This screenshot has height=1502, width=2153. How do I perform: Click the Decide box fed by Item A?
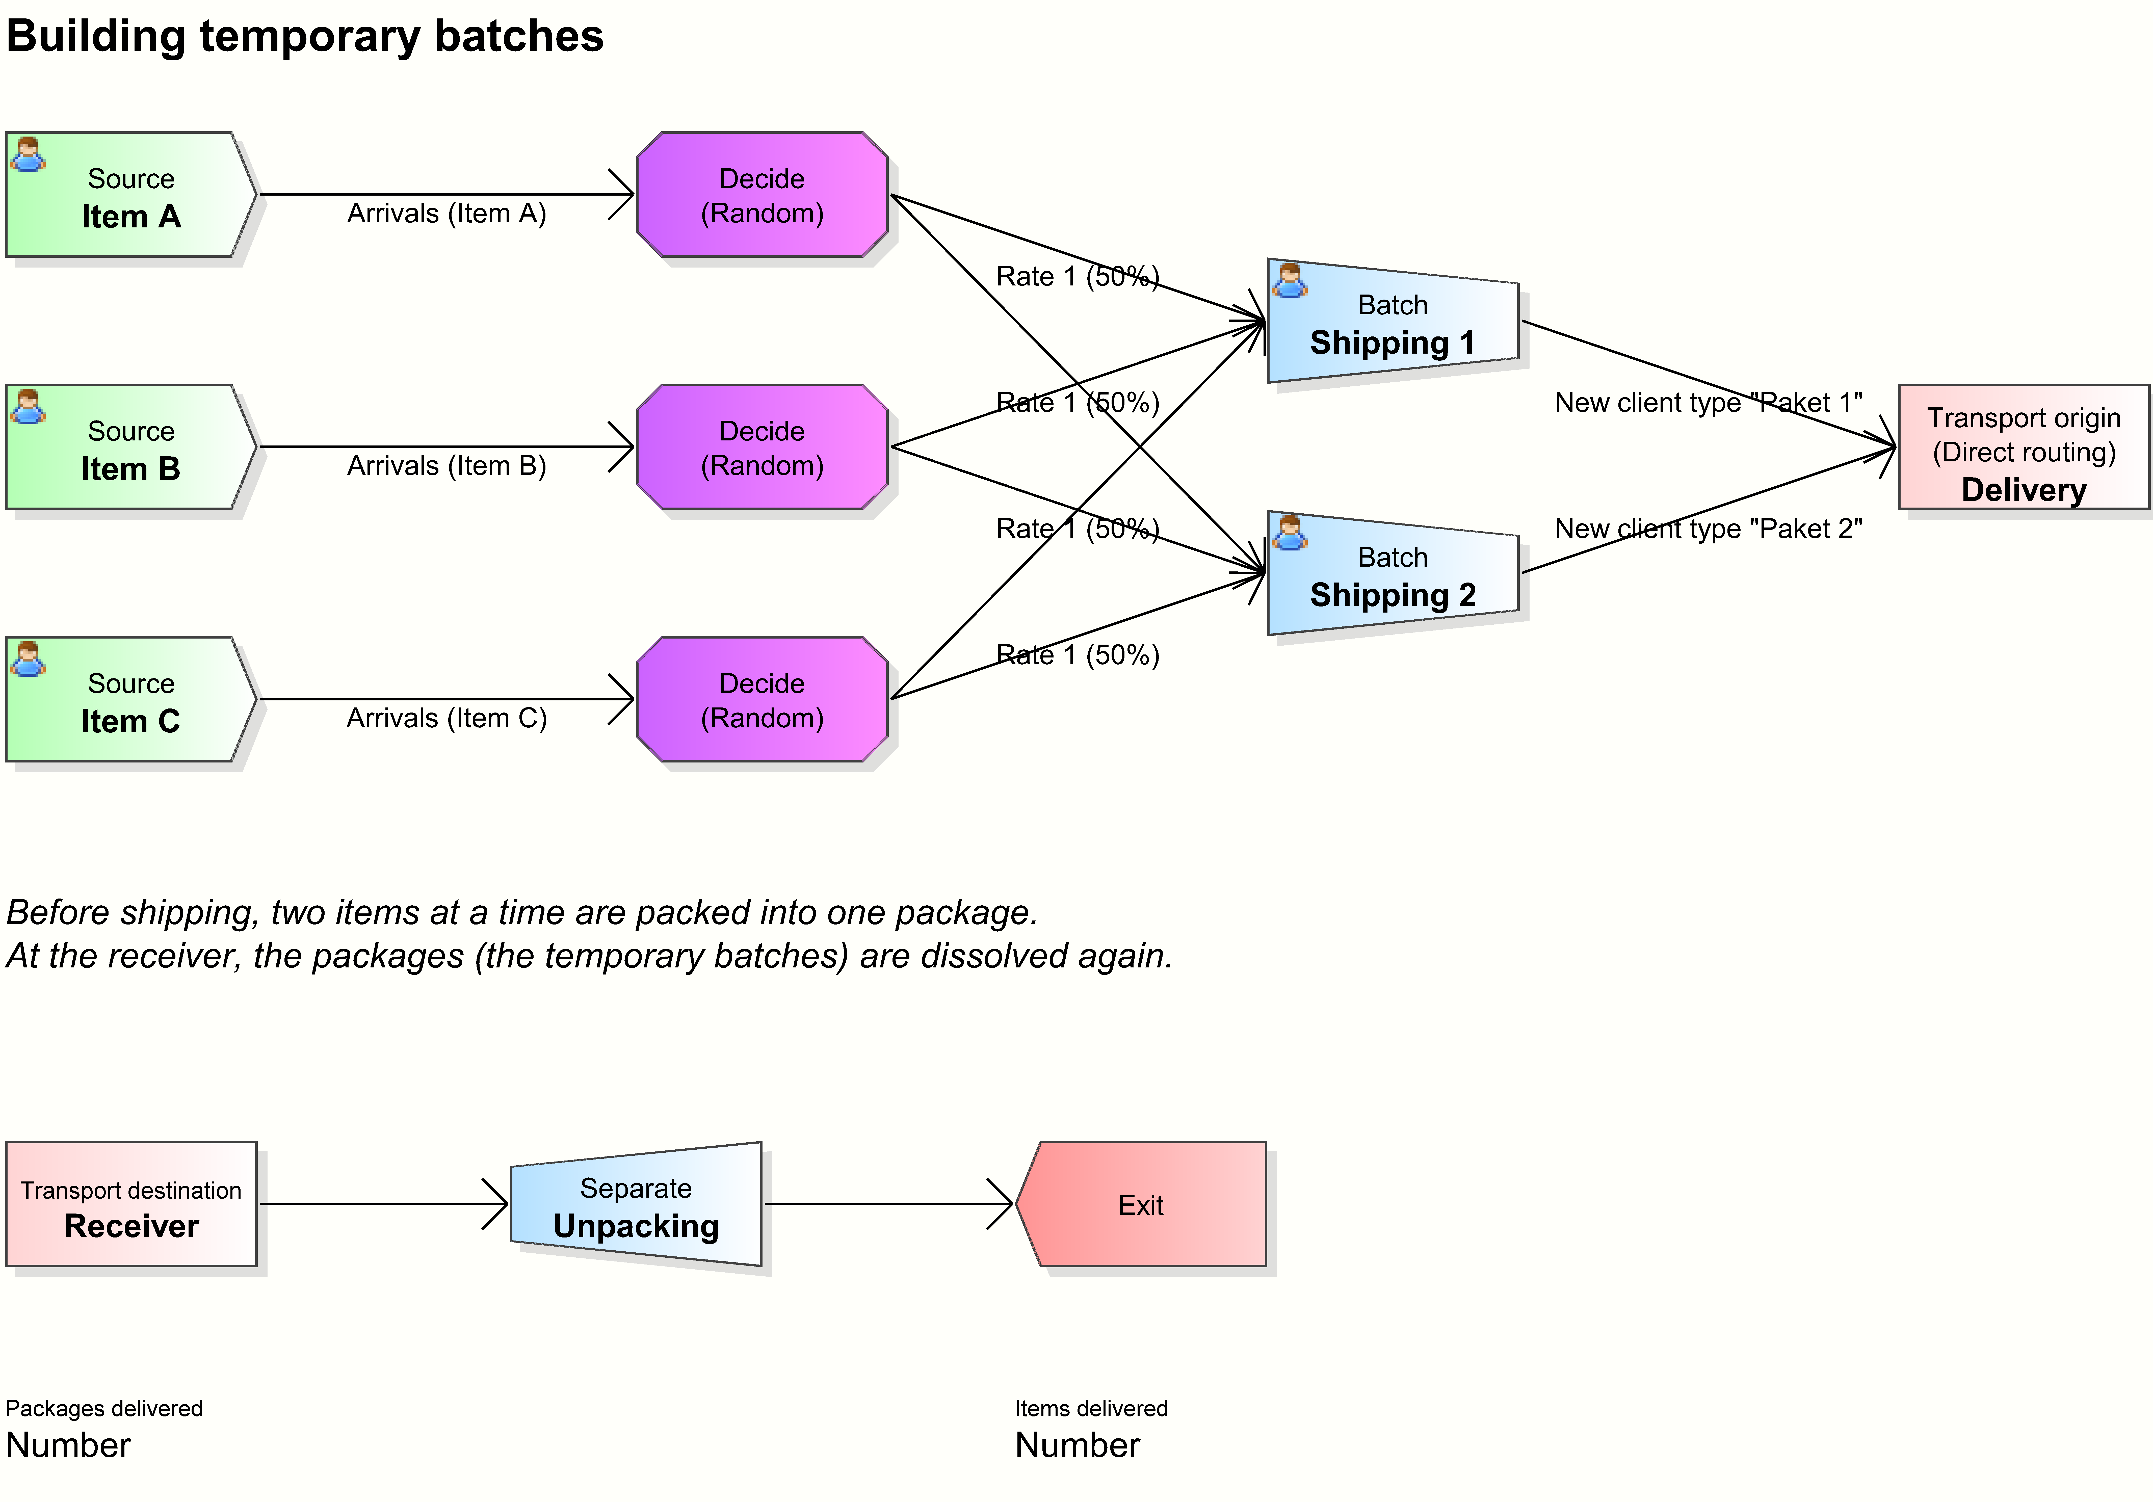[x=762, y=195]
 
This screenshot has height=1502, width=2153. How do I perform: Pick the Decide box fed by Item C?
[x=762, y=699]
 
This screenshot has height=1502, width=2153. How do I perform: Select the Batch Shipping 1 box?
[x=1393, y=322]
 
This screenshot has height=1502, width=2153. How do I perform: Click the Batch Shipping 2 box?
[x=1393, y=574]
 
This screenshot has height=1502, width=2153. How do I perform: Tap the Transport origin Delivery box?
[x=2024, y=447]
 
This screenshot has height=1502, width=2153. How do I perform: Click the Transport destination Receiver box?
[x=131, y=1205]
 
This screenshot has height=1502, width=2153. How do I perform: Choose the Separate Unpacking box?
[x=636, y=1205]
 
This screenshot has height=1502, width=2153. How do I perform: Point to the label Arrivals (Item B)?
[x=446, y=466]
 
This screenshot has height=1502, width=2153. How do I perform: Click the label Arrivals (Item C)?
[x=446, y=718]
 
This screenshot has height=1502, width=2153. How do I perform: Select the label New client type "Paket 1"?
[x=1708, y=403]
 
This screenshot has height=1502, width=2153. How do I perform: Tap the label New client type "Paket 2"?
[x=1708, y=529]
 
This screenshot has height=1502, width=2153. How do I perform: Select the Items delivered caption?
[x=1091, y=1408]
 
